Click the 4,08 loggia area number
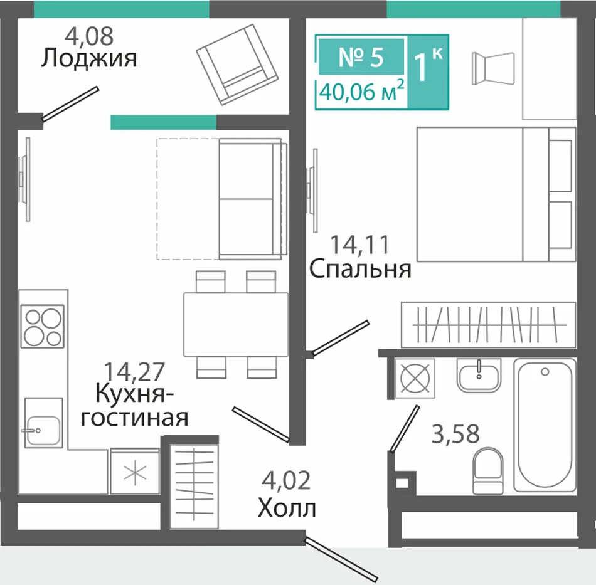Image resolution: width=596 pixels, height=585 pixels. (89, 36)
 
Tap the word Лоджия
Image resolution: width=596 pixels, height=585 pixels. (89, 59)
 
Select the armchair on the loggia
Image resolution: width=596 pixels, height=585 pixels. (237, 64)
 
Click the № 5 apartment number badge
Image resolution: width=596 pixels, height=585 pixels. (361, 56)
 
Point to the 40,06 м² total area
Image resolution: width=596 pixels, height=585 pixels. (361, 92)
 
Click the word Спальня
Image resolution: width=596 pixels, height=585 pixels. (360, 269)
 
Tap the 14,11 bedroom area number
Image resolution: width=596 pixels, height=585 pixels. (360, 245)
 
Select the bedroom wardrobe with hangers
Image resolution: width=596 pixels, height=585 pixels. (489, 325)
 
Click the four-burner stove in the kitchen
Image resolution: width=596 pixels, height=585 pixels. (42, 326)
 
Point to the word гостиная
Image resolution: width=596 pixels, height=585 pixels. (135, 418)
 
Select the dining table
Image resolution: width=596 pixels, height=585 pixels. (236, 324)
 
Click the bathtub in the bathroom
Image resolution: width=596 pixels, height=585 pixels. (545, 424)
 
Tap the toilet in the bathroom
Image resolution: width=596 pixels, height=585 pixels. (488, 471)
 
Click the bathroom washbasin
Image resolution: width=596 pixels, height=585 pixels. (479, 376)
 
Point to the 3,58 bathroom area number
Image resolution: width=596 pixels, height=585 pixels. (455, 434)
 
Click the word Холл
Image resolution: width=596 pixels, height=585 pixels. (287, 508)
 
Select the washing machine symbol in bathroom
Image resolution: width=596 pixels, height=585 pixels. (415, 378)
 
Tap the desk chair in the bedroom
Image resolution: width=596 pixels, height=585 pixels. (493, 68)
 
